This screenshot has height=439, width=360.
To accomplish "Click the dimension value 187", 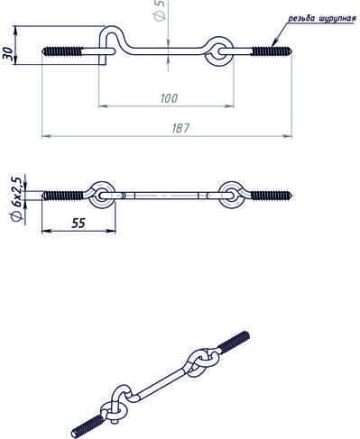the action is pos(180,128).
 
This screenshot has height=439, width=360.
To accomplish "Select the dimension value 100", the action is pos(169,98).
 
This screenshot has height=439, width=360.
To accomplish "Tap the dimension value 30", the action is pos(8,52).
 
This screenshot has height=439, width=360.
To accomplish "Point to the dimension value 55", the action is pos(78,224).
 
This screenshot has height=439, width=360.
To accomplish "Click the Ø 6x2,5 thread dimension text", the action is pos(16,199).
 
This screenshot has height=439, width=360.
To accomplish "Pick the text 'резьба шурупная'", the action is pos(322,19).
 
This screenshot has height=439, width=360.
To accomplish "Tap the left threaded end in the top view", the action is pos(62,51).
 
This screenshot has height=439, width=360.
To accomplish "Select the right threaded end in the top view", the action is pos(272,51).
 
